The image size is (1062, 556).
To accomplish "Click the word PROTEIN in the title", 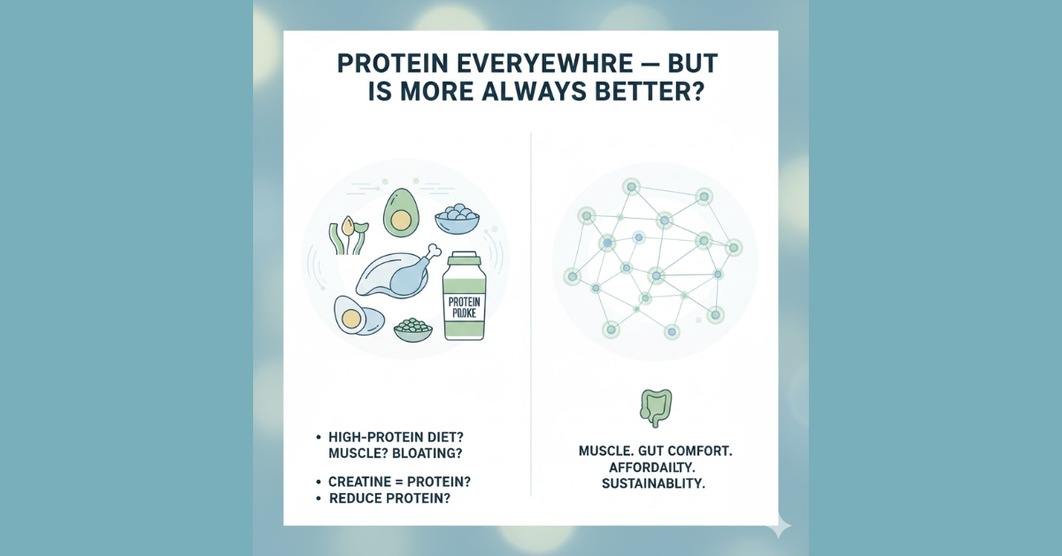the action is point(393,64).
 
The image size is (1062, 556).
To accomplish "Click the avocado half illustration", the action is point(401,212).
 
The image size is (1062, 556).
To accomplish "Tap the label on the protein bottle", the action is point(464,307).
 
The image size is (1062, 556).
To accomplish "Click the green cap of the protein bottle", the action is point(465,259).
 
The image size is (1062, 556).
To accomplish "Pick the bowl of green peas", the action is point(413,329).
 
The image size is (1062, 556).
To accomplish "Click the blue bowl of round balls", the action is point(457,219).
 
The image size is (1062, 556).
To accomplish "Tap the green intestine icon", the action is point(656,408).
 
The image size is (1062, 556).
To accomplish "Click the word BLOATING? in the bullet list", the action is point(427,453).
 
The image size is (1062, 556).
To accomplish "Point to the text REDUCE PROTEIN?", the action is point(389,498).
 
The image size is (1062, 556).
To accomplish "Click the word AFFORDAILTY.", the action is point(652,467).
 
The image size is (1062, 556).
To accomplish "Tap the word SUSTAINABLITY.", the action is point(653,484).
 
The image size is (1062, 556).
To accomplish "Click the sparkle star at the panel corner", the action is point(779,525).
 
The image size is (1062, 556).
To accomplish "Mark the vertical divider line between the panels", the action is point(531,314).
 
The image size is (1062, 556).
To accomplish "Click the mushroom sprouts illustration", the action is point(349,236).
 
